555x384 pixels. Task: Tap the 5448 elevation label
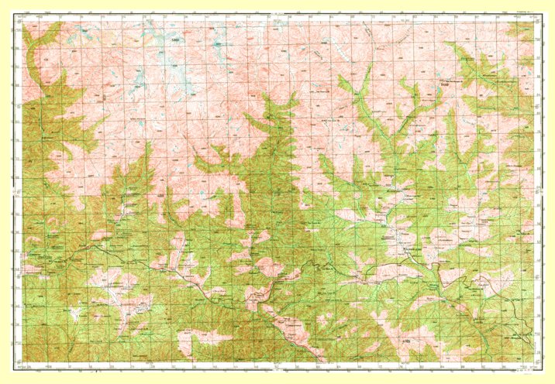444,86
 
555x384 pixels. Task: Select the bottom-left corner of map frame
22,362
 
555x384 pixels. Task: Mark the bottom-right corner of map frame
535,362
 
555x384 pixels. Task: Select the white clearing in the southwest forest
78,314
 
